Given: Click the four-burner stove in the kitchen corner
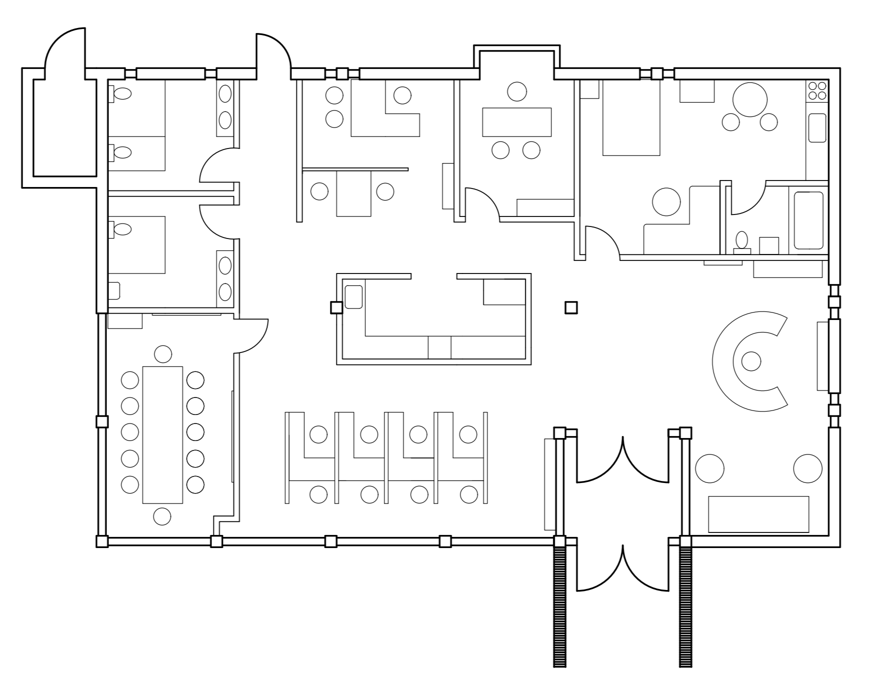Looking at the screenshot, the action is (x=817, y=90).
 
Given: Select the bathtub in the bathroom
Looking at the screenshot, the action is (x=808, y=220).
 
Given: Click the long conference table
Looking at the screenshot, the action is (x=162, y=434).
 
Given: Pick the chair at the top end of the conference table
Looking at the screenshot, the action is (x=163, y=354).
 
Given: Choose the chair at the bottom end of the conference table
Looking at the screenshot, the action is (x=162, y=516).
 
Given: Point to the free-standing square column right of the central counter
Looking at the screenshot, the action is (x=571, y=307).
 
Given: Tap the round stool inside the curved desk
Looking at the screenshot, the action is (x=751, y=361).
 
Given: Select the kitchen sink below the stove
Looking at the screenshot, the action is (x=817, y=127).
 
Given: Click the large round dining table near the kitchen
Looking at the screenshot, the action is (x=750, y=99).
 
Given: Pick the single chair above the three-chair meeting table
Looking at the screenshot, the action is (x=517, y=91).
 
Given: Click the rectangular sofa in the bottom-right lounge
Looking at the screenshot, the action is (x=758, y=514).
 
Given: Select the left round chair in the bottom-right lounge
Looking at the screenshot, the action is (x=709, y=468).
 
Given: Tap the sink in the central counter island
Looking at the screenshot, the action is (x=353, y=296).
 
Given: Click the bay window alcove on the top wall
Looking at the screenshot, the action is (x=517, y=57).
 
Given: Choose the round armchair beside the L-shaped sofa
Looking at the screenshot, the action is (x=666, y=201).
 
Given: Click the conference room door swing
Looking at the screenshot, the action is (x=252, y=335).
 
